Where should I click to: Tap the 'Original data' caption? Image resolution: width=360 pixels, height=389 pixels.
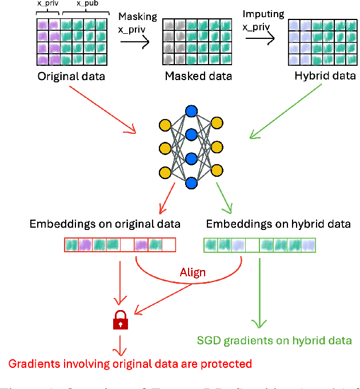(71, 76)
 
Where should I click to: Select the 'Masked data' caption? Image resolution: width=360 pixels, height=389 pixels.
(198, 76)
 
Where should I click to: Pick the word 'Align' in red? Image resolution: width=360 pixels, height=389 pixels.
(193, 272)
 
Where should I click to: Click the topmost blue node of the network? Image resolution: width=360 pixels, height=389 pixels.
(191, 110)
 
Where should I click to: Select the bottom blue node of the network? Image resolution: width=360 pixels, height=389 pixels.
(191, 182)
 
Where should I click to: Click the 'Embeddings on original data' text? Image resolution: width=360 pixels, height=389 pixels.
(105, 224)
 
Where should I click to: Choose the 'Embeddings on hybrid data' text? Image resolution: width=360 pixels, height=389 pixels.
(278, 224)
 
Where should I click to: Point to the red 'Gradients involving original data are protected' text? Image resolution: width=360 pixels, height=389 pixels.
(129, 363)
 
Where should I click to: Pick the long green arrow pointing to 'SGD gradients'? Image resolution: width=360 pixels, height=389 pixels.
(260, 292)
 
